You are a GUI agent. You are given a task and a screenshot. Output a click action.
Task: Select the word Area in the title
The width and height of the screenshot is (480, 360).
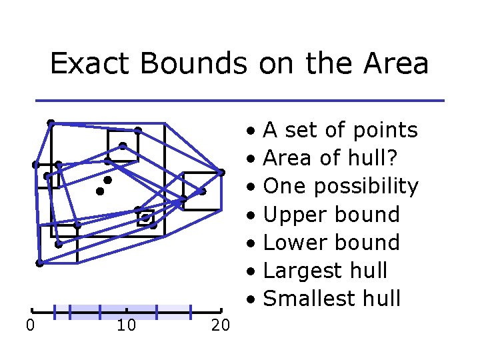(396, 64)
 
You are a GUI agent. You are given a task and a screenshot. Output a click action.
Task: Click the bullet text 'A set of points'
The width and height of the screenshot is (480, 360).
(340, 130)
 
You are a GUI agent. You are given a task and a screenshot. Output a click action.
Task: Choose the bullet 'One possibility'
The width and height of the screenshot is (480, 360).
(340, 186)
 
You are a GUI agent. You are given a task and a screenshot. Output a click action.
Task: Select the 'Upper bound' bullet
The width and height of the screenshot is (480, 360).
(331, 215)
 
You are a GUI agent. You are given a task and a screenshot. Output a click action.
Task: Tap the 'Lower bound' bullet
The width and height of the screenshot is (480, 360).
(331, 243)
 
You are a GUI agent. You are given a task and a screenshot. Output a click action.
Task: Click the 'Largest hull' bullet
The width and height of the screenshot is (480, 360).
(325, 271)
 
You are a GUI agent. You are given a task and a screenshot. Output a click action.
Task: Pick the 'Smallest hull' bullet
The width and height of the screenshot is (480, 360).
(331, 299)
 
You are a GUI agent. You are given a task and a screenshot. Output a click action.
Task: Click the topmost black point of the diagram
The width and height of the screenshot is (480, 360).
(51, 123)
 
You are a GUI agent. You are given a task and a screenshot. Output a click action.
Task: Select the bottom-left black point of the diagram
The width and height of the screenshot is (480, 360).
(39, 263)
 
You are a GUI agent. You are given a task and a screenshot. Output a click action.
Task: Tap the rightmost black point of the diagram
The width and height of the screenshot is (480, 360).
(221, 172)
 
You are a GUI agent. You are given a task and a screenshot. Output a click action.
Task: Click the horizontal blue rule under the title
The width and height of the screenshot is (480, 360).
(240, 101)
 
